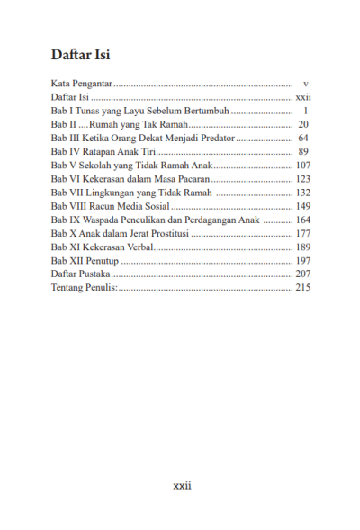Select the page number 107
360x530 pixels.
(x=302, y=166)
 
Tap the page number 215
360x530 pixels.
(x=302, y=287)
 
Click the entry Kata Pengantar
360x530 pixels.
(x=81, y=82)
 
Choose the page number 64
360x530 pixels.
(x=304, y=139)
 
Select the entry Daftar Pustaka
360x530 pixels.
(x=81, y=274)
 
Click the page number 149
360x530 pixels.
(x=302, y=206)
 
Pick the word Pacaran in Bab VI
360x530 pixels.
(x=191, y=179)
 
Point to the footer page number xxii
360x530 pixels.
(x=182, y=485)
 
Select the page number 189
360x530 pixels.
(x=302, y=247)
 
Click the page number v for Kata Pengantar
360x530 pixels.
(x=307, y=82)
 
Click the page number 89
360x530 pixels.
(x=304, y=152)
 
